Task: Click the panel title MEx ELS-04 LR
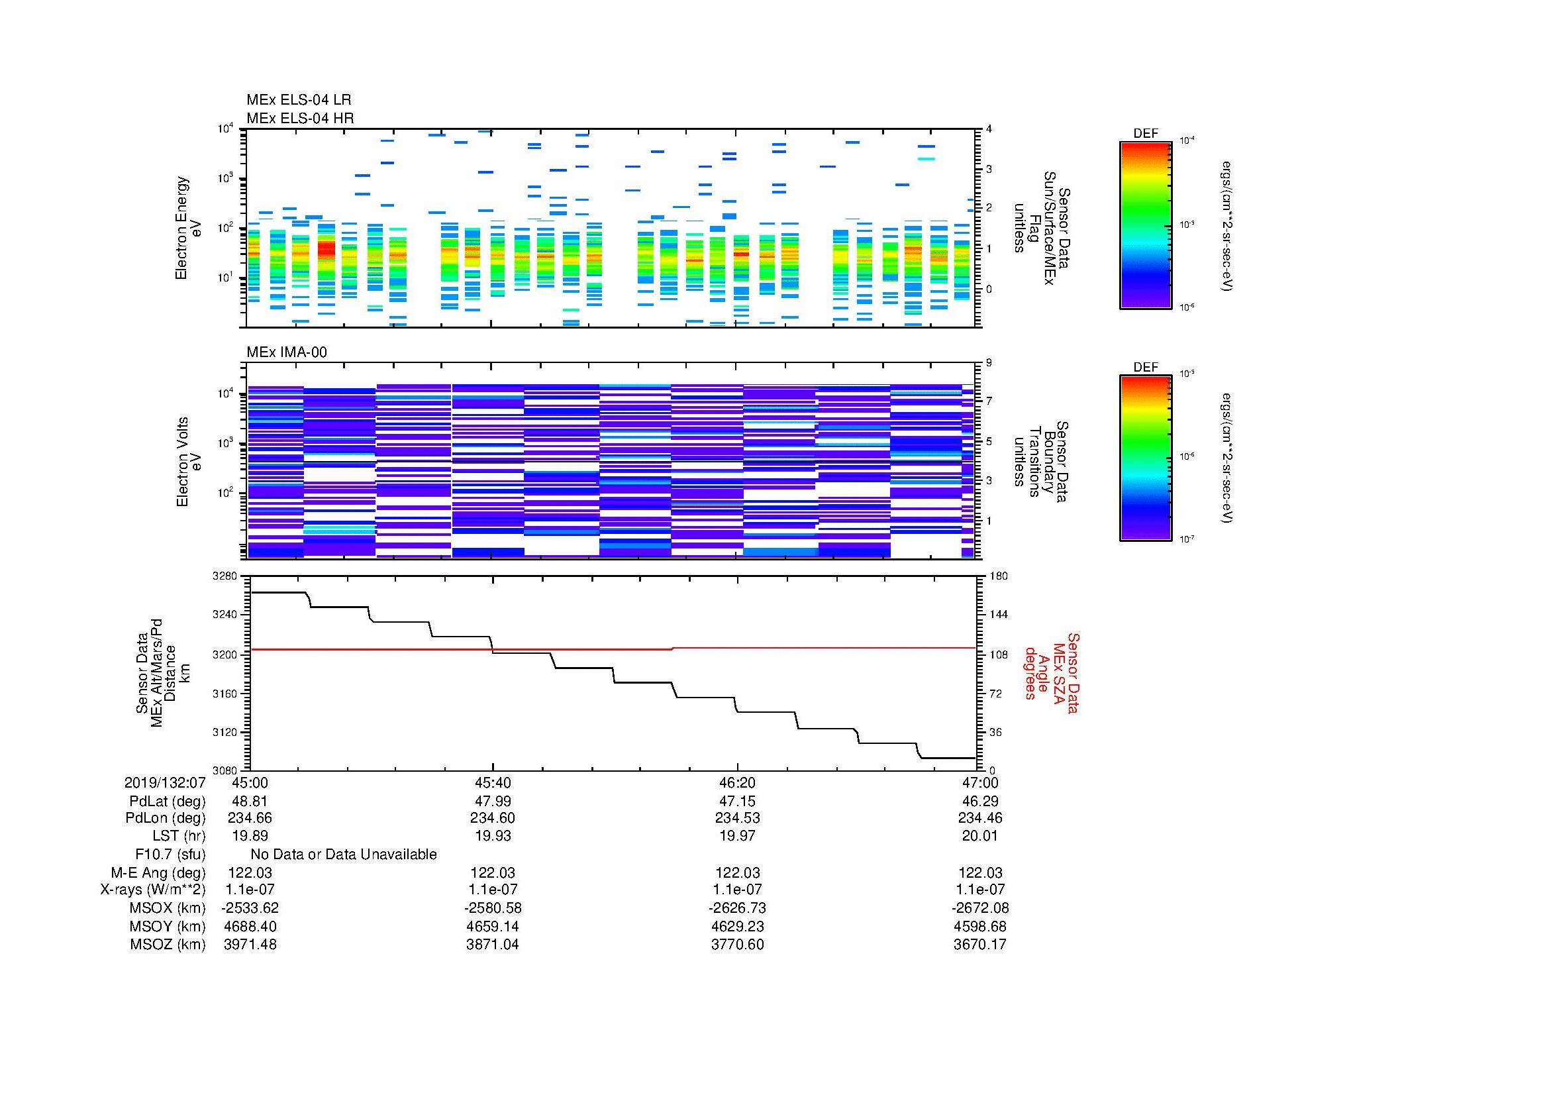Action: coord(298,100)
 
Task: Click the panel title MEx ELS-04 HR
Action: coord(299,118)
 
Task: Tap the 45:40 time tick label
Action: coord(493,782)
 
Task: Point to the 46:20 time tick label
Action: coord(737,782)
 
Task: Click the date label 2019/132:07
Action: coord(165,782)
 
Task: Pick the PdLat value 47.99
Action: coord(493,801)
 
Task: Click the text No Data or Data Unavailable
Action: coord(344,855)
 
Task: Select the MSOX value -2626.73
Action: coord(737,908)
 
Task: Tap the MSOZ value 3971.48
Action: coord(250,945)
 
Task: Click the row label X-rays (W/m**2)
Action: coord(152,890)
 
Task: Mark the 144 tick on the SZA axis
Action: coord(998,615)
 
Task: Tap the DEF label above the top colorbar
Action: coord(1145,134)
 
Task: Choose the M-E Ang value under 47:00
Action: coord(979,872)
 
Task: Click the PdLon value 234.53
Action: coord(737,818)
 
